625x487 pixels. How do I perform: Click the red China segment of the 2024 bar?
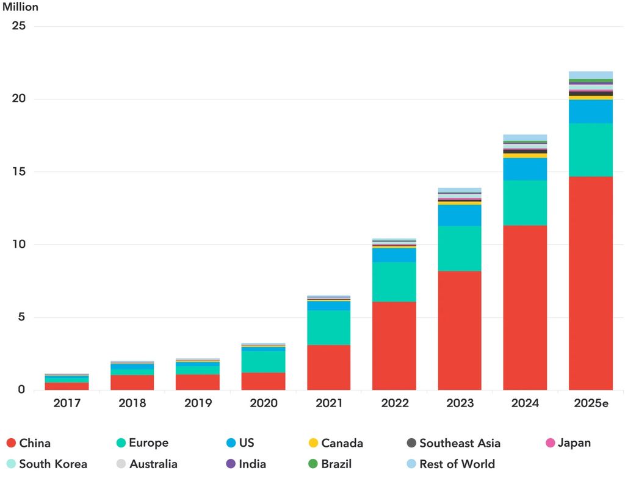coord(525,308)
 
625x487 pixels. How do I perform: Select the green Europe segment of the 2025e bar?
coord(590,150)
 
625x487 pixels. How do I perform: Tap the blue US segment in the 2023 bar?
coord(460,215)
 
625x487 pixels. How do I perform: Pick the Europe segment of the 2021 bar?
coord(328,328)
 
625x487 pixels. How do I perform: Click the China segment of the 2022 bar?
coord(394,345)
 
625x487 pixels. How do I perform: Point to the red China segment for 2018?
coord(132,382)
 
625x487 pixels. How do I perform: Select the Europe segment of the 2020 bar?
coord(263,361)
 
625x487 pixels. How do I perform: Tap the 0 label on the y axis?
coord(21,389)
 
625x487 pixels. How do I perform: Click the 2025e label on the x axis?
coord(590,403)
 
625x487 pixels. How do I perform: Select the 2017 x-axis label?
coord(67,403)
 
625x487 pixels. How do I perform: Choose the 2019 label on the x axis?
coord(198,403)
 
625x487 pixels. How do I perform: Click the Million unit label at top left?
coord(20,7)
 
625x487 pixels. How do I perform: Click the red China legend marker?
coord(10,443)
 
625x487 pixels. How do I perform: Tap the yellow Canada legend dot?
coord(313,443)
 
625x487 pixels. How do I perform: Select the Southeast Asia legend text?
coord(460,443)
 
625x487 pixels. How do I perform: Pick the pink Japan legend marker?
coord(549,443)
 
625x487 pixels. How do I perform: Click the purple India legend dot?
coord(230,464)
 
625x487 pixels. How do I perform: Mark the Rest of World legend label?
coord(457,464)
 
